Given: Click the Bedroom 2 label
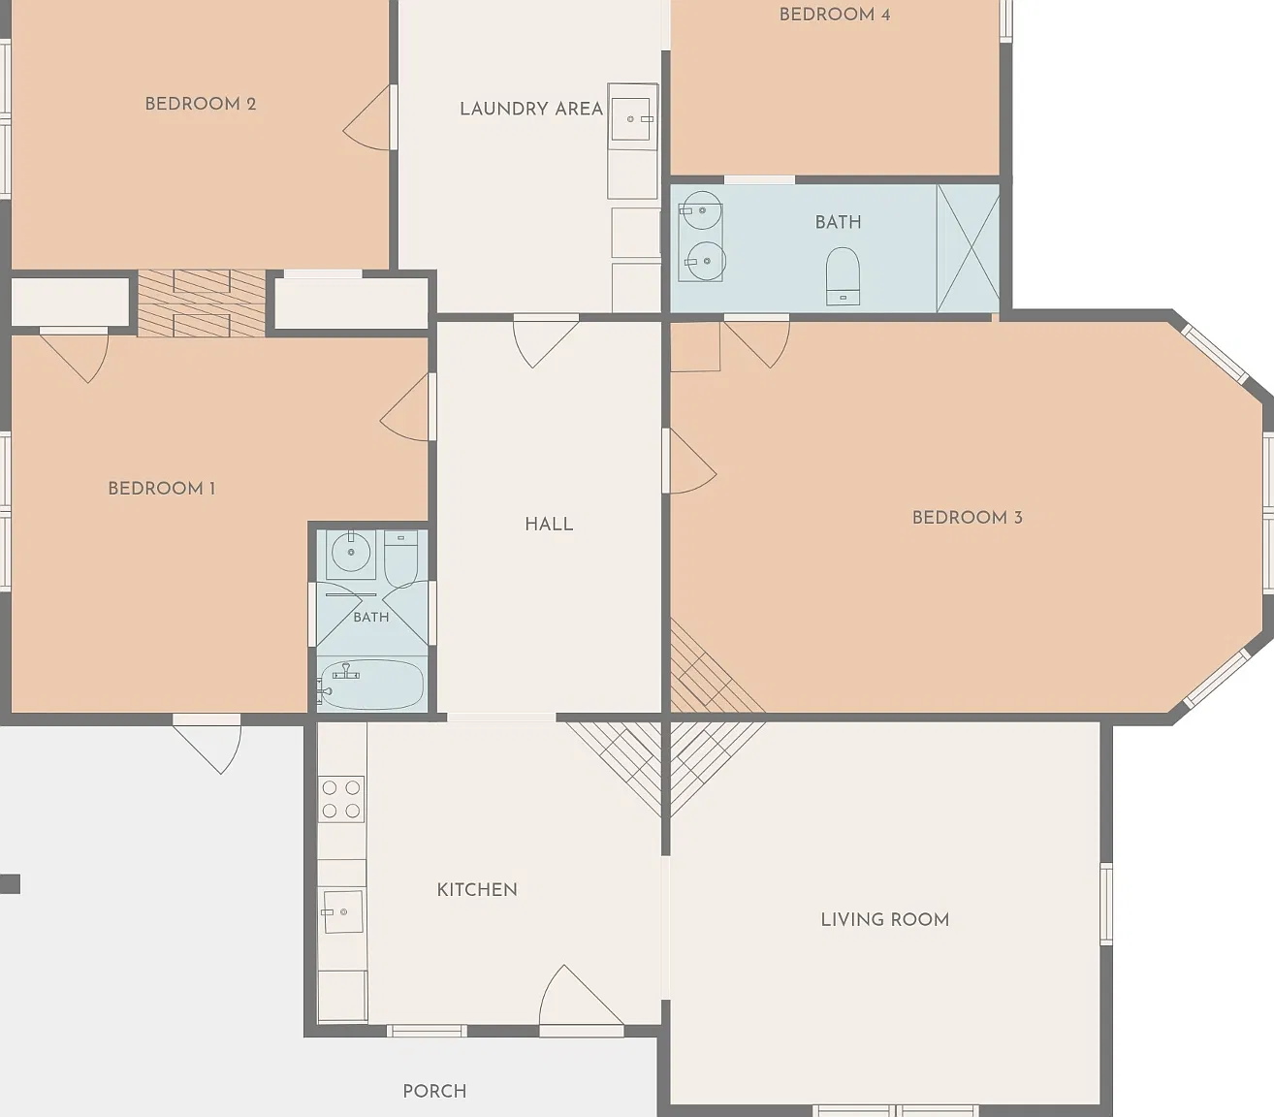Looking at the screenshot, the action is coord(201,104).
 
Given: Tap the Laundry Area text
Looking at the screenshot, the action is coord(531,109).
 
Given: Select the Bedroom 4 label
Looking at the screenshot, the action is coord(835,15).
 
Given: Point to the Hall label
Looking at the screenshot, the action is coord(549,525).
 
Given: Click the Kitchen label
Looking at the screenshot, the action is coord(477,890).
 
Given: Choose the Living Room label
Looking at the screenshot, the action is coord(885,919).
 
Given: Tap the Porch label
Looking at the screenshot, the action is coord(434,1091).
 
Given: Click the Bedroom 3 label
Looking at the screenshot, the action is coord(967,518).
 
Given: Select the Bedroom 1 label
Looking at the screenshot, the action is coord(162,489).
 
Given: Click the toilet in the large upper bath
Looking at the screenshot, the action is coord(843,276).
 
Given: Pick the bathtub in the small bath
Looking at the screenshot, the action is coord(371,685).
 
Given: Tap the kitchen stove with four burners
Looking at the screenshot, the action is coord(341,799).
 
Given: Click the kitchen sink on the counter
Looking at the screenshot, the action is coord(342,911).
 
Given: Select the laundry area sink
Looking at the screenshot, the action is coord(631,119).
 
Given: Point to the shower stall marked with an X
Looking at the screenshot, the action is coord(968,248).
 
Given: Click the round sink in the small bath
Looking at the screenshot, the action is coord(351,553).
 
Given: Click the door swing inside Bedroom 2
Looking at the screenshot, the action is coord(367,118).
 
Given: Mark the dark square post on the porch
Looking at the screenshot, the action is coord(10,883).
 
